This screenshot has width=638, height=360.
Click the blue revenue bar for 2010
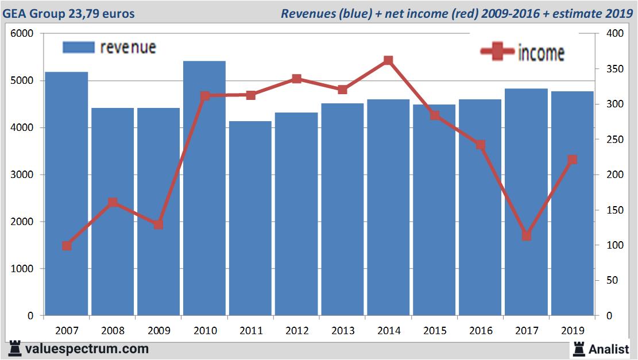point(204,189)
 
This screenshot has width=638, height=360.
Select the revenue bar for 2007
point(67,195)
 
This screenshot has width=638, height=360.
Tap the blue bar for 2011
point(250,218)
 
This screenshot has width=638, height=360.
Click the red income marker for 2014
point(388,60)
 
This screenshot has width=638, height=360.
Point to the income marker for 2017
point(526,236)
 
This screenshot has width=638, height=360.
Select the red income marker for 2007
point(67,246)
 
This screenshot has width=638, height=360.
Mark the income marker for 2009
point(158,224)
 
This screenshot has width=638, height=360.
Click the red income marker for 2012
point(296,79)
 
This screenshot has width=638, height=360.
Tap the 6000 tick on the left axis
point(22,34)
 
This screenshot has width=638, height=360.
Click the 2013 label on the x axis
point(342,331)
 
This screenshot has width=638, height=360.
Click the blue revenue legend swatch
point(78,47)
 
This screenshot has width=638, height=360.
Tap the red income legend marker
point(497,52)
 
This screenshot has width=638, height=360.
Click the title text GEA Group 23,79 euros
point(69,13)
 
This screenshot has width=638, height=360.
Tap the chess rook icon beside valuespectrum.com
point(15,349)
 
